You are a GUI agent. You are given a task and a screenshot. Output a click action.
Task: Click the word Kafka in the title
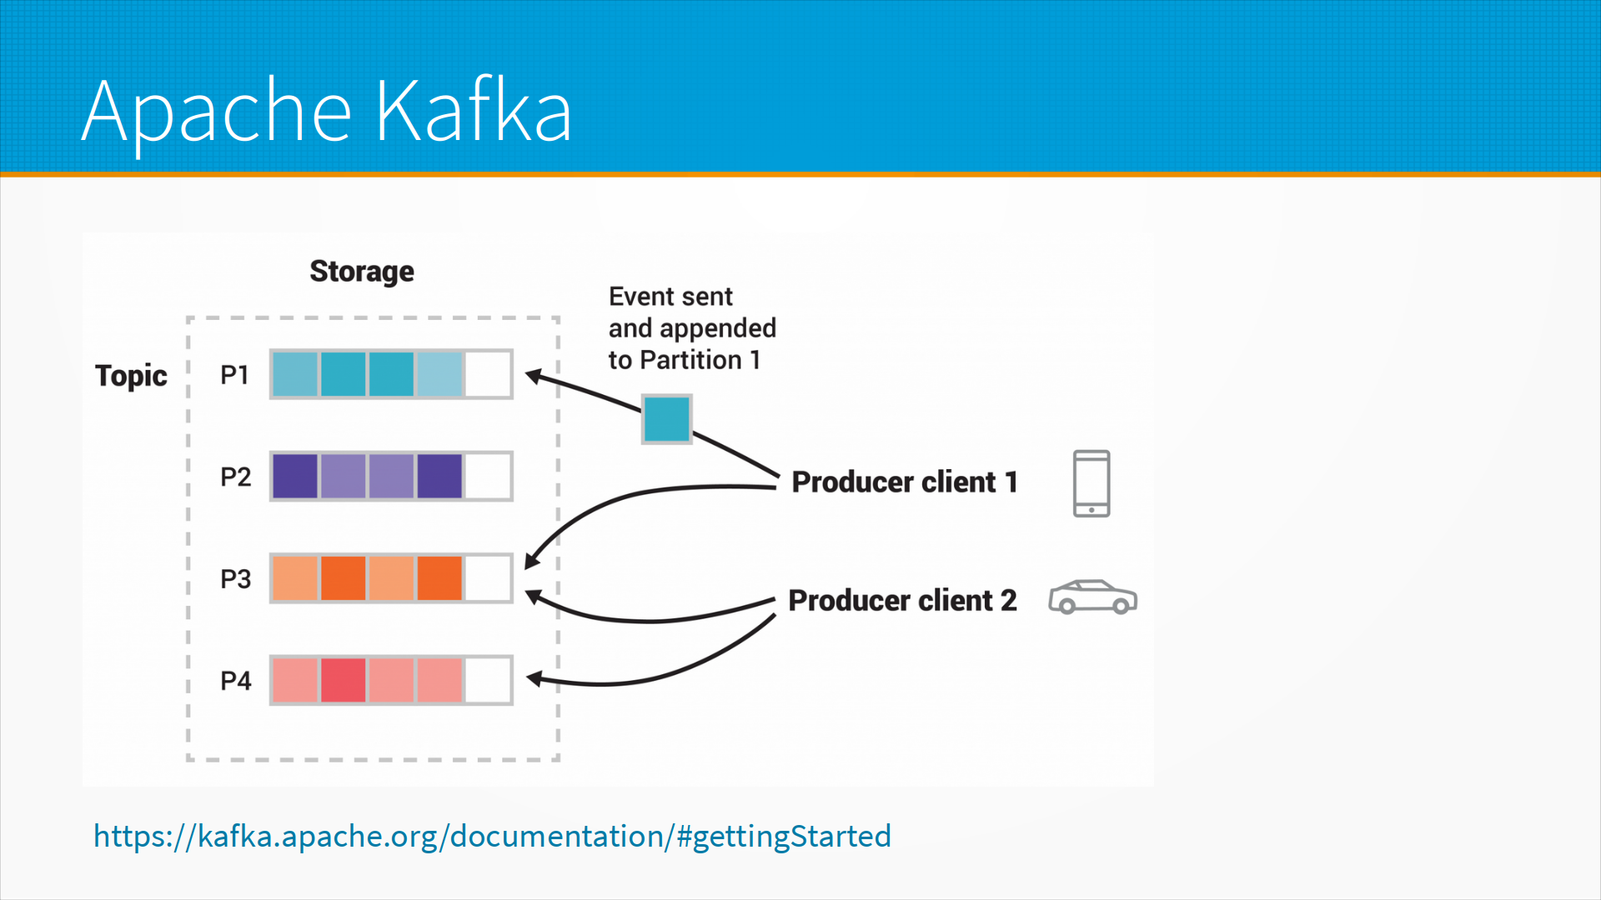(x=473, y=111)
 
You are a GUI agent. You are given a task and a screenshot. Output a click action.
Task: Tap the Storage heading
(x=361, y=272)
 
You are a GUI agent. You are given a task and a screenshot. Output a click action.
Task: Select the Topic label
(x=131, y=376)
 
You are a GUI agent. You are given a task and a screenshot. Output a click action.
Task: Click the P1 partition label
(x=235, y=375)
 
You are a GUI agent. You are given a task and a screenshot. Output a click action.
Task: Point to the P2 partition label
(x=235, y=477)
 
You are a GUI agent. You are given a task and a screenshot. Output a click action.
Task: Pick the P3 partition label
(x=235, y=579)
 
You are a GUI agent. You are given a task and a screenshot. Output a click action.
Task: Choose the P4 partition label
(x=235, y=681)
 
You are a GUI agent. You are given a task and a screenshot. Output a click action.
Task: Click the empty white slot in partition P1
(x=488, y=374)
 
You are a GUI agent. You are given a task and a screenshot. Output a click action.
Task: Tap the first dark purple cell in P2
(x=294, y=477)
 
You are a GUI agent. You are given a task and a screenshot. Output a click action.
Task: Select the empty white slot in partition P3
(x=488, y=578)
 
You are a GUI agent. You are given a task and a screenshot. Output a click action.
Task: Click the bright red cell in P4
(x=343, y=680)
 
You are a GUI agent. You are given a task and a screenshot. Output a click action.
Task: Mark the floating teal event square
(x=666, y=418)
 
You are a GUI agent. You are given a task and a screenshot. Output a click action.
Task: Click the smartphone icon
(x=1091, y=483)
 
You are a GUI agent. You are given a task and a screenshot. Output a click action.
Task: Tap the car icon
(x=1092, y=597)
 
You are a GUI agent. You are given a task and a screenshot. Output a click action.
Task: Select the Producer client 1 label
(x=904, y=482)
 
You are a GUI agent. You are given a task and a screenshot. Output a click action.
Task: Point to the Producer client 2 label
(x=902, y=601)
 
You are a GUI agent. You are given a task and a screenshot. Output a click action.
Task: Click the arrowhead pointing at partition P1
(x=534, y=377)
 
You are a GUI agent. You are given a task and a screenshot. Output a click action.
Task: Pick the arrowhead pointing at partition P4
(x=535, y=680)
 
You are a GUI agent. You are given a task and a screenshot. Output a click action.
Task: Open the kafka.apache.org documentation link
(x=492, y=836)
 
